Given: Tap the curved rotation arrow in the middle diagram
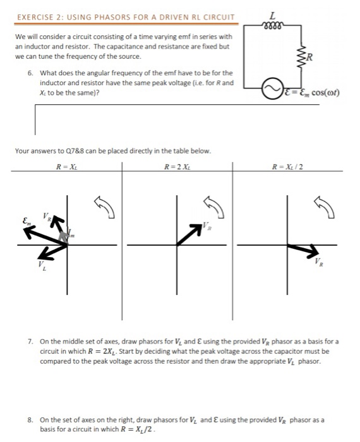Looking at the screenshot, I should click(x=213, y=203).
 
